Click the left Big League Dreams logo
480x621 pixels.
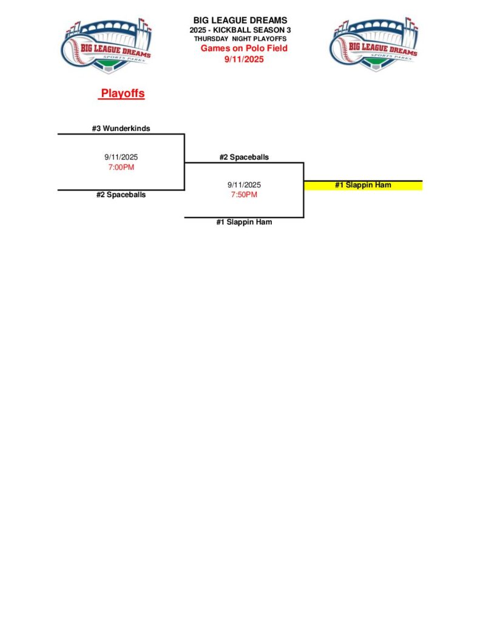[106, 46]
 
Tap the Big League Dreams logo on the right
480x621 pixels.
[373, 45]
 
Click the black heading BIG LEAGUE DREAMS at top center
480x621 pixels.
[240, 21]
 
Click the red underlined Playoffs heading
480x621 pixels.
[123, 94]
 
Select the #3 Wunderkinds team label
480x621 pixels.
[121, 129]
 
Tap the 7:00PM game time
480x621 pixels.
[121, 167]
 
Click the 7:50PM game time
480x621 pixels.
[244, 195]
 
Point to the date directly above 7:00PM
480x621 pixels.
[121, 157]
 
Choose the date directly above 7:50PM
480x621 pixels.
[244, 184]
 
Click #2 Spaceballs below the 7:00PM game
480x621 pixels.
[121, 195]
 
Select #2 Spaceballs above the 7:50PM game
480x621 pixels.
[244, 157]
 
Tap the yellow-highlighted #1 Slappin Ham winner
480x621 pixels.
[363, 185]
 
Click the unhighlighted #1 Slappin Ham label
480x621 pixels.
[244, 222]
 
